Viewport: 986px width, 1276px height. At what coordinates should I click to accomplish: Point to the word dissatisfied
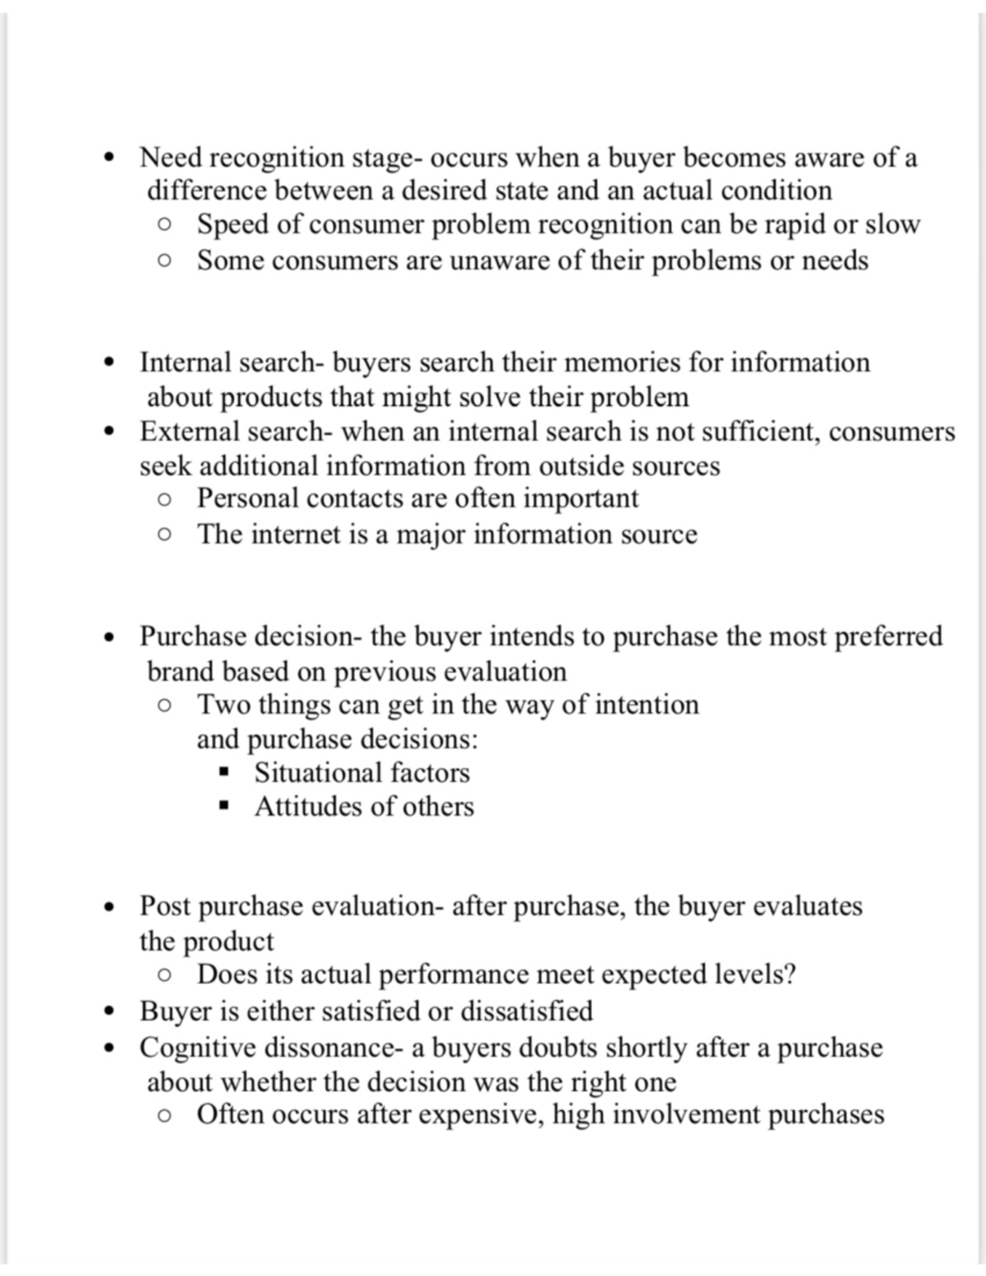coord(526,1011)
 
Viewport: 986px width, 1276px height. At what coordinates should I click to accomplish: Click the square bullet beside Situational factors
coord(223,772)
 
